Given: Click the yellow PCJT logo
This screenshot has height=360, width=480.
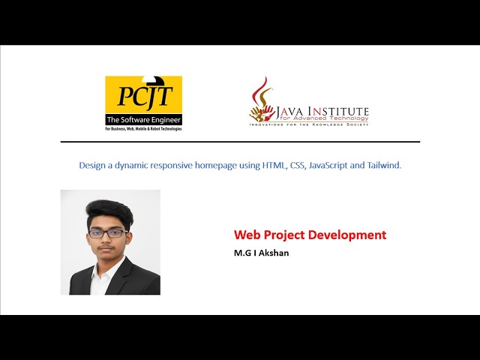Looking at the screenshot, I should click(143, 95).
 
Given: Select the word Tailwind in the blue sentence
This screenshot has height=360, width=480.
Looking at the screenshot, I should click(384, 165).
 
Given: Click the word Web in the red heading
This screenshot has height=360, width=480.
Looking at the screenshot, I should click(246, 235).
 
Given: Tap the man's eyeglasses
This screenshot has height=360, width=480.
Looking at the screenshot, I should click(107, 233).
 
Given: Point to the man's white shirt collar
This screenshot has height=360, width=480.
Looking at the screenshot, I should click(100, 271).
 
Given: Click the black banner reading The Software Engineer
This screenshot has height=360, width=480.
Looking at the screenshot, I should click(143, 120).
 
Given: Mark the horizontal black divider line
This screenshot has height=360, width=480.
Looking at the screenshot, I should click(240, 142).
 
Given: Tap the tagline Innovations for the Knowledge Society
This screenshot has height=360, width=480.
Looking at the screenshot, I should click(309, 124).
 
